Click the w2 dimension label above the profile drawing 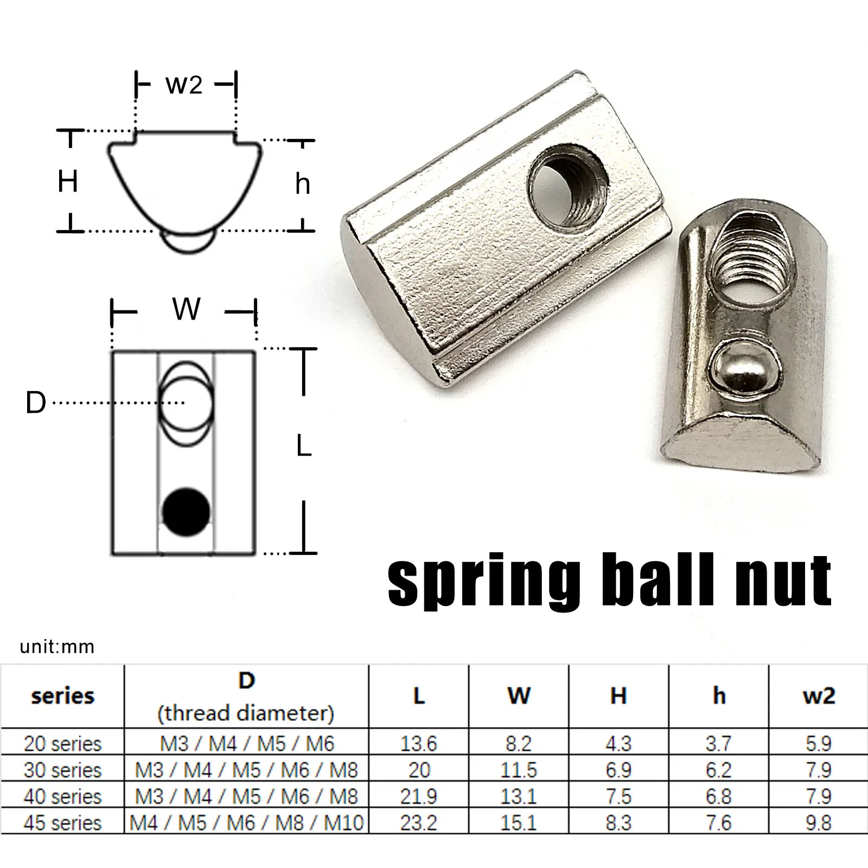(184, 85)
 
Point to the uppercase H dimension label (68, 181)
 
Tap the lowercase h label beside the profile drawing (303, 184)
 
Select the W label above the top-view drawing (186, 309)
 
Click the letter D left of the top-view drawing (36, 403)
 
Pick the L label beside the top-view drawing (304, 447)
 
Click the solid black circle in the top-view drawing (186, 512)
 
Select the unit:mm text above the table (57, 647)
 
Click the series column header (62, 696)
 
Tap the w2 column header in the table (818, 696)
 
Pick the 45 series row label (62, 822)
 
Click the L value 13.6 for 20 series (418, 743)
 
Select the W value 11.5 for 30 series (518, 770)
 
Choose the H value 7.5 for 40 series (618, 796)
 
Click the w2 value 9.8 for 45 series (818, 822)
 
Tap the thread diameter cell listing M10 (246, 822)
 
